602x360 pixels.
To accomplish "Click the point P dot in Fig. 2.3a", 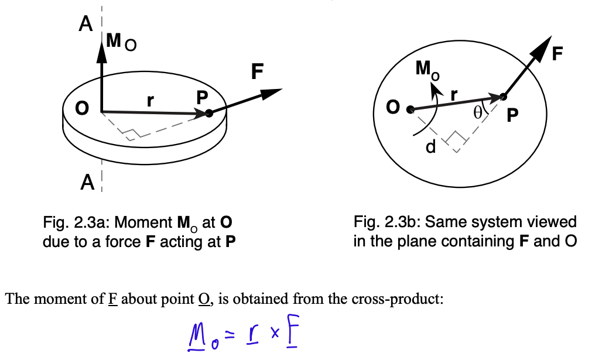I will (209, 114).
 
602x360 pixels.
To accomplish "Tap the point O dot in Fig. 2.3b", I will (411, 109).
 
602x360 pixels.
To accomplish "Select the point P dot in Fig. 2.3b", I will (502, 97).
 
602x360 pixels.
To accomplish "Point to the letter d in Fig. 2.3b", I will (430, 148).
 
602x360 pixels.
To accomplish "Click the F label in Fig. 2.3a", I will (256, 72).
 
